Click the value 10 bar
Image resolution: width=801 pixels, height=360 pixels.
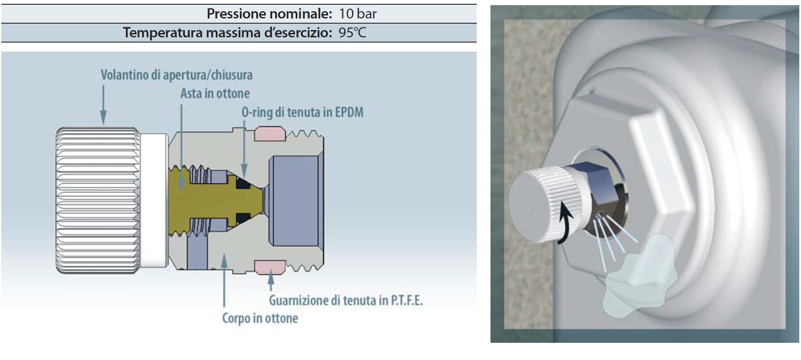[x=357, y=14]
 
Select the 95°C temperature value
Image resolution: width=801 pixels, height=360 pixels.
[x=352, y=33]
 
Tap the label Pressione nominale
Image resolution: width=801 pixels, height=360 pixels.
[x=269, y=14]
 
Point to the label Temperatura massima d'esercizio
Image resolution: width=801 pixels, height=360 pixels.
[x=228, y=33]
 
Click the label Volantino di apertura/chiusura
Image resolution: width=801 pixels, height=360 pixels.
[x=177, y=75]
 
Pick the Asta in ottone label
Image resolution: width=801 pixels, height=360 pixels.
[x=215, y=93]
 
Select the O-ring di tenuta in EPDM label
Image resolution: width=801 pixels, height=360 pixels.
[x=302, y=113]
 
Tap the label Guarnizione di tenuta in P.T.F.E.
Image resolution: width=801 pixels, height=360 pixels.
[x=346, y=300]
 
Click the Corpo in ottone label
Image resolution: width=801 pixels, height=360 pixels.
[x=260, y=318]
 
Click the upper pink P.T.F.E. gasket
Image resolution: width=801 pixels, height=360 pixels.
[x=270, y=134]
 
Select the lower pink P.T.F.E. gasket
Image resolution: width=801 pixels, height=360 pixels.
[x=270, y=268]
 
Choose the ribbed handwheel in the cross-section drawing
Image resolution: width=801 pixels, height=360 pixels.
[x=97, y=201]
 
